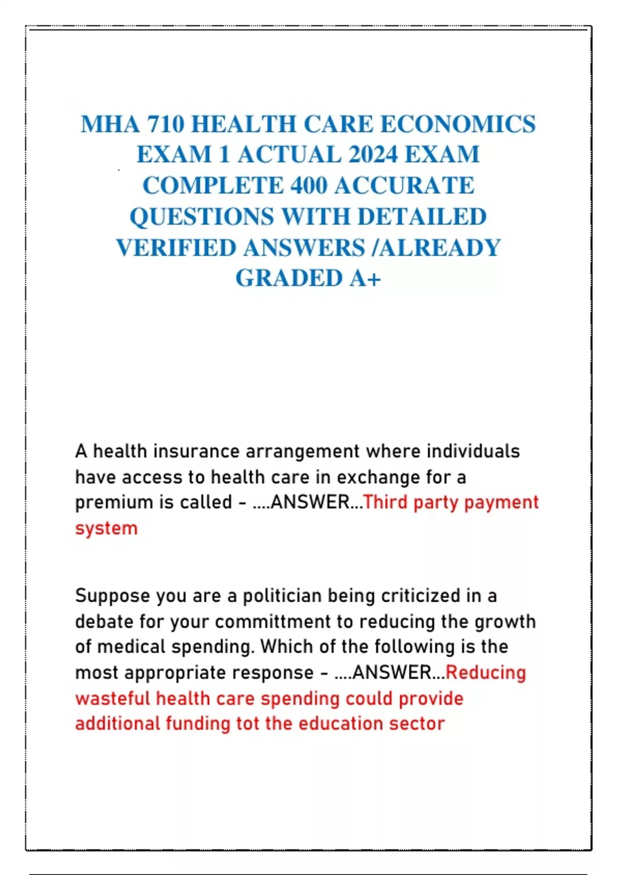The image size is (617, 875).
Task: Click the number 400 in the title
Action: click(308, 185)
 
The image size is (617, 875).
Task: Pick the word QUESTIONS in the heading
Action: click(202, 217)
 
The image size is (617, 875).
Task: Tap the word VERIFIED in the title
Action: click(176, 248)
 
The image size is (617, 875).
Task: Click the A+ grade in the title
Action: click(365, 278)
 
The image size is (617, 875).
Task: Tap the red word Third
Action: click(385, 502)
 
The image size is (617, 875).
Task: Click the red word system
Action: click(106, 529)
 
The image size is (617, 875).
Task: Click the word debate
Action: click(104, 622)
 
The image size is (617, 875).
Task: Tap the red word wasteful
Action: click(113, 699)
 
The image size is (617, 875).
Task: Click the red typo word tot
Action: click(247, 724)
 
